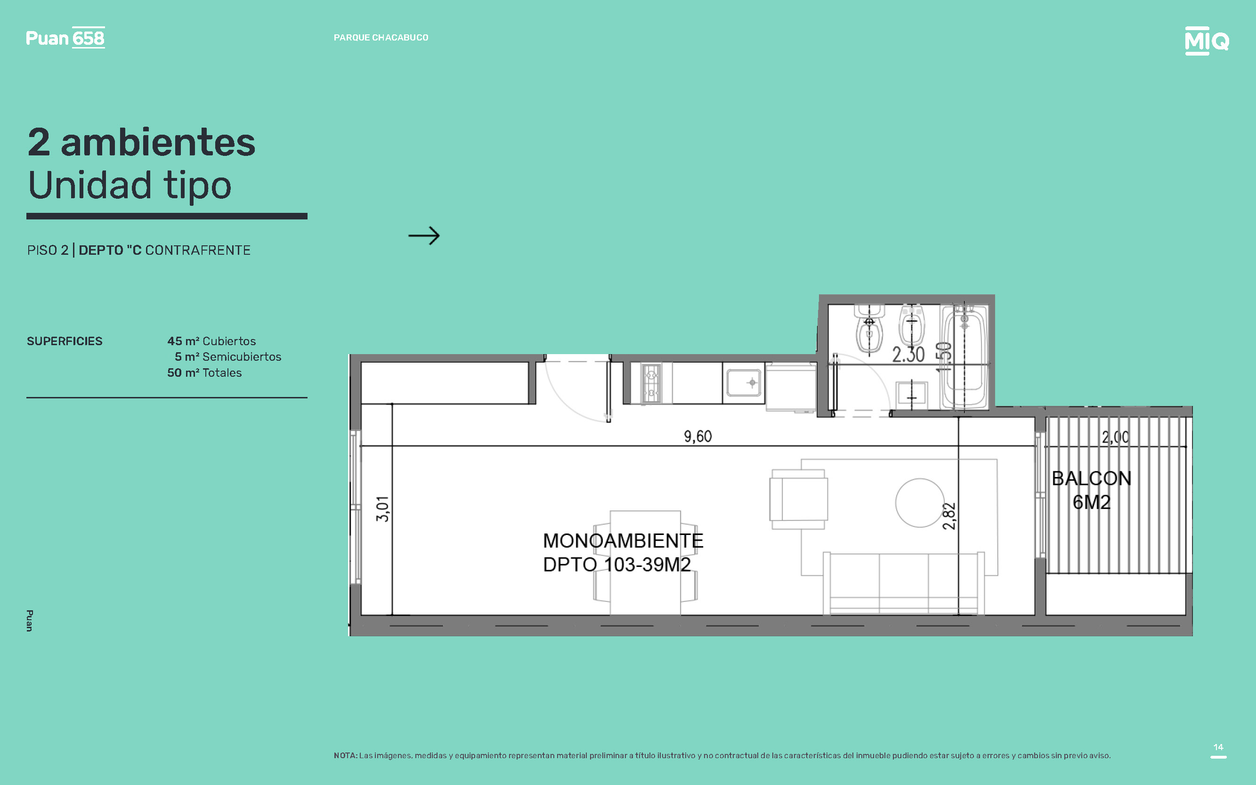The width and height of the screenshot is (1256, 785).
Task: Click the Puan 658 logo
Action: click(65, 37)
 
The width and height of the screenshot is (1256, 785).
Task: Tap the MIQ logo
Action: click(1207, 40)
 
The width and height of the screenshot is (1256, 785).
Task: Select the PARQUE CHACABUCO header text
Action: click(381, 37)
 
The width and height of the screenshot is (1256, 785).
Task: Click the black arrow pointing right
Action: click(424, 236)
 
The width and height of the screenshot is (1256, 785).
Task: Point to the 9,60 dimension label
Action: click(698, 436)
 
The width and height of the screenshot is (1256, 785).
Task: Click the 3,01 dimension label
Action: click(382, 509)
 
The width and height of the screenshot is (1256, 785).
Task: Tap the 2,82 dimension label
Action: click(948, 516)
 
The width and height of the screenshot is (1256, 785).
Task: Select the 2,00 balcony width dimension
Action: click(1115, 437)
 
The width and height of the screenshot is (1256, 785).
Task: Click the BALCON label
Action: click(1092, 478)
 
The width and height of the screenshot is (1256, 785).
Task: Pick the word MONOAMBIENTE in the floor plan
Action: click(623, 541)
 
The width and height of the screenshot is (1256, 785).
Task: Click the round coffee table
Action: click(920, 502)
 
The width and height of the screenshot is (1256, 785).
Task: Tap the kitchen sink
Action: click(744, 383)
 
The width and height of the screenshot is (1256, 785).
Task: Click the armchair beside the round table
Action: click(799, 500)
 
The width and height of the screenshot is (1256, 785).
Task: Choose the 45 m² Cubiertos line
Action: click(211, 341)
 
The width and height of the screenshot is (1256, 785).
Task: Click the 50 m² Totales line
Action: click(204, 373)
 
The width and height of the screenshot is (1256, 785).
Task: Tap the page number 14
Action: click(1218, 747)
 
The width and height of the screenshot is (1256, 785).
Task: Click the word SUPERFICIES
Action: click(65, 341)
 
